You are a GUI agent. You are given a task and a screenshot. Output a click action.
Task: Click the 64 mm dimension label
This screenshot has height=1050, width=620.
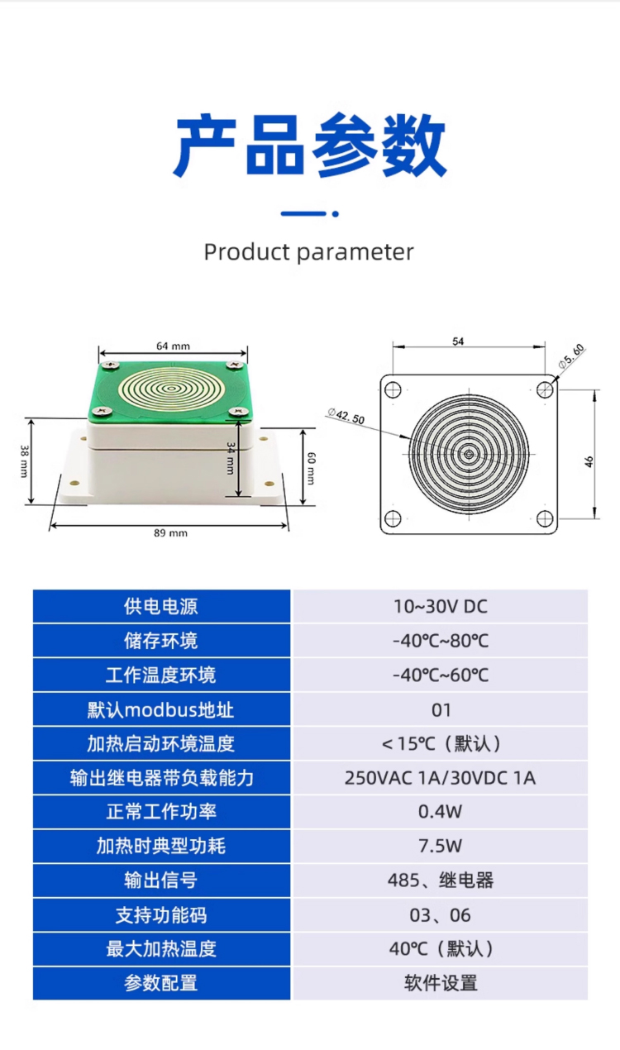pyautogui.click(x=173, y=346)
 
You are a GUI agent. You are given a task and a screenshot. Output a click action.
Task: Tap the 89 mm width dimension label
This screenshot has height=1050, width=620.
pyautogui.click(x=170, y=533)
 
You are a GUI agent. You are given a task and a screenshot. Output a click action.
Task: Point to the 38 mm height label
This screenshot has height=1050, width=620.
pyautogui.click(x=24, y=461)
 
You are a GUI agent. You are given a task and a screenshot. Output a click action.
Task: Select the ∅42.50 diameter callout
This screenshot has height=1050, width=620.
pyautogui.click(x=346, y=415)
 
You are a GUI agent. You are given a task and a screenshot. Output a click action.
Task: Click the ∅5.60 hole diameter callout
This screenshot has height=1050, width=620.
pyautogui.click(x=571, y=356)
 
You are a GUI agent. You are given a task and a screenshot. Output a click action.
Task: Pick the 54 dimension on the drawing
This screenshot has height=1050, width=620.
pyautogui.click(x=458, y=341)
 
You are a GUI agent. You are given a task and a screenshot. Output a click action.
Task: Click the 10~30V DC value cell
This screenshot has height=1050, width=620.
pyautogui.click(x=441, y=607)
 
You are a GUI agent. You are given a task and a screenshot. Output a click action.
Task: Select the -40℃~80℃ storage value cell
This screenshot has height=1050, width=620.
pyautogui.click(x=441, y=641)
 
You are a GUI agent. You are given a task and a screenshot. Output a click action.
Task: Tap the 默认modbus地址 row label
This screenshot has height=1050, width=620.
pyautogui.click(x=160, y=709)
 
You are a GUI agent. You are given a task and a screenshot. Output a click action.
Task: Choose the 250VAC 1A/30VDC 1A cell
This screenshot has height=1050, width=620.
pyautogui.click(x=441, y=778)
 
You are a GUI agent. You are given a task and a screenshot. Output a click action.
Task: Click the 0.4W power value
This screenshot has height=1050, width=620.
pyautogui.click(x=441, y=812)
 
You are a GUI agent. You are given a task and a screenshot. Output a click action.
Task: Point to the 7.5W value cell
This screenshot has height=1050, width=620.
pyautogui.click(x=441, y=846)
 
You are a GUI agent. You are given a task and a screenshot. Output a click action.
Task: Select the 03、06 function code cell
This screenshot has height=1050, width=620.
pyautogui.click(x=441, y=915)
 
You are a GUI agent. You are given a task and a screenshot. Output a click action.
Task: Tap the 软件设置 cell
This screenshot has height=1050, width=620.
pyautogui.click(x=441, y=983)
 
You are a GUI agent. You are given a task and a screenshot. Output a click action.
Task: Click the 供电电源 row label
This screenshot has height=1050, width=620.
pyautogui.click(x=160, y=607)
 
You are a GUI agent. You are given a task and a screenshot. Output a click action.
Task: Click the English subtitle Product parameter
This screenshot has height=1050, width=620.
pyautogui.click(x=309, y=253)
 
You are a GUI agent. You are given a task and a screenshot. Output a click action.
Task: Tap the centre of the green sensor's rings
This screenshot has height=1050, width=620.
pyautogui.click(x=171, y=389)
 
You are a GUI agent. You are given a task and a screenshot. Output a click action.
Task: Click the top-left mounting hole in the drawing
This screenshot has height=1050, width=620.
pyautogui.click(x=393, y=389)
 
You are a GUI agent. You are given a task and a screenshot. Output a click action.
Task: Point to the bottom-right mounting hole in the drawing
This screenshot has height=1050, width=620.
pyautogui.click(x=545, y=518)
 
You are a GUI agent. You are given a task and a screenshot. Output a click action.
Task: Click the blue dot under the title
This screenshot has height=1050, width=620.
pyautogui.click(x=335, y=214)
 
